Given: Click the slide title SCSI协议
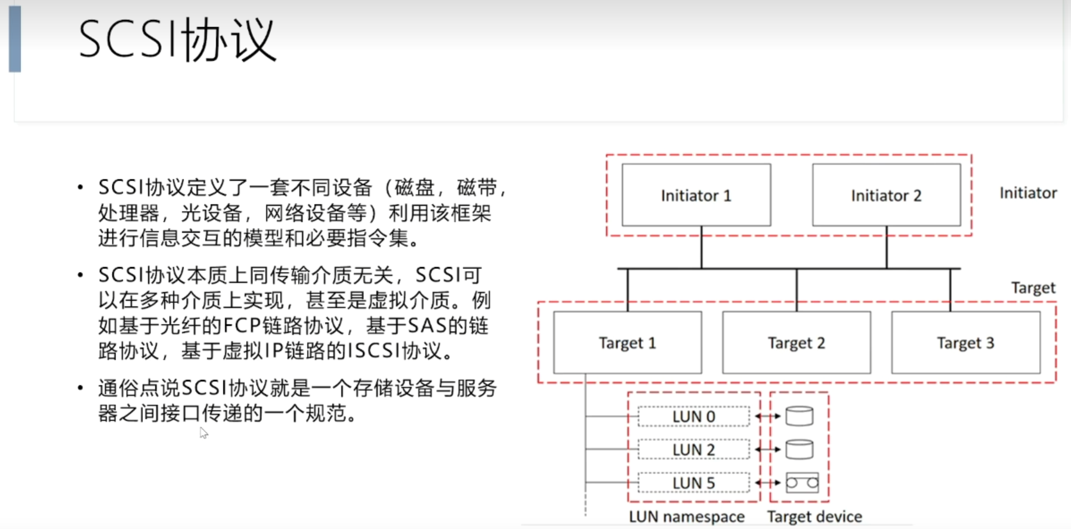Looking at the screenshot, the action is coord(177,39).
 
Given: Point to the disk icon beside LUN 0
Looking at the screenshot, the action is coord(800,416).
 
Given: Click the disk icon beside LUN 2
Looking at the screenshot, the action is coord(800,449).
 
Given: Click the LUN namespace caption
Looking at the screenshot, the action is coord(687,516).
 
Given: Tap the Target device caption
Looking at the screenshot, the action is coord(814,516).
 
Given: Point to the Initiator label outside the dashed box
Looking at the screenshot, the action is coord(1028,193).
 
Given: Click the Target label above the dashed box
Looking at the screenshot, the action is coord(1033,288).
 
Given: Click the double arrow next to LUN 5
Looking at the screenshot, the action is coord(768,482).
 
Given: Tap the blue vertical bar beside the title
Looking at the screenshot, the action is coord(15,39).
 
